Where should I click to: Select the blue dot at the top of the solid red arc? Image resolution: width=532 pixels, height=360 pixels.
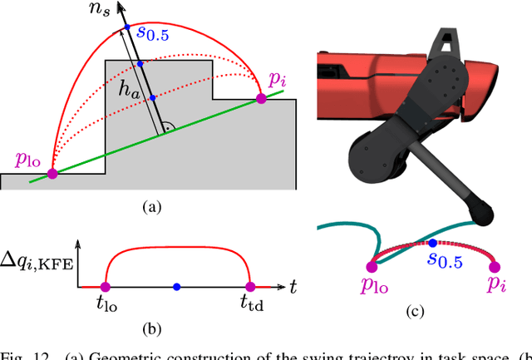(x=126, y=29)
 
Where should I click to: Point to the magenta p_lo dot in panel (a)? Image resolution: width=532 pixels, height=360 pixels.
(x=52, y=174)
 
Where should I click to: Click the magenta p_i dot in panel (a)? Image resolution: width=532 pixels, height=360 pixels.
(x=260, y=98)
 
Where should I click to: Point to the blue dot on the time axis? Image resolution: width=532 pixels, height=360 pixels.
(x=176, y=287)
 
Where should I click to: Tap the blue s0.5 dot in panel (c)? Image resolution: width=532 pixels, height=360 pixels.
(x=432, y=243)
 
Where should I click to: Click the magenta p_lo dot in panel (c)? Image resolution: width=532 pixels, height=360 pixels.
(x=371, y=266)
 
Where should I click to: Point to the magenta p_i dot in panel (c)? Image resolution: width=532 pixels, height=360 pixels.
(x=495, y=266)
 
